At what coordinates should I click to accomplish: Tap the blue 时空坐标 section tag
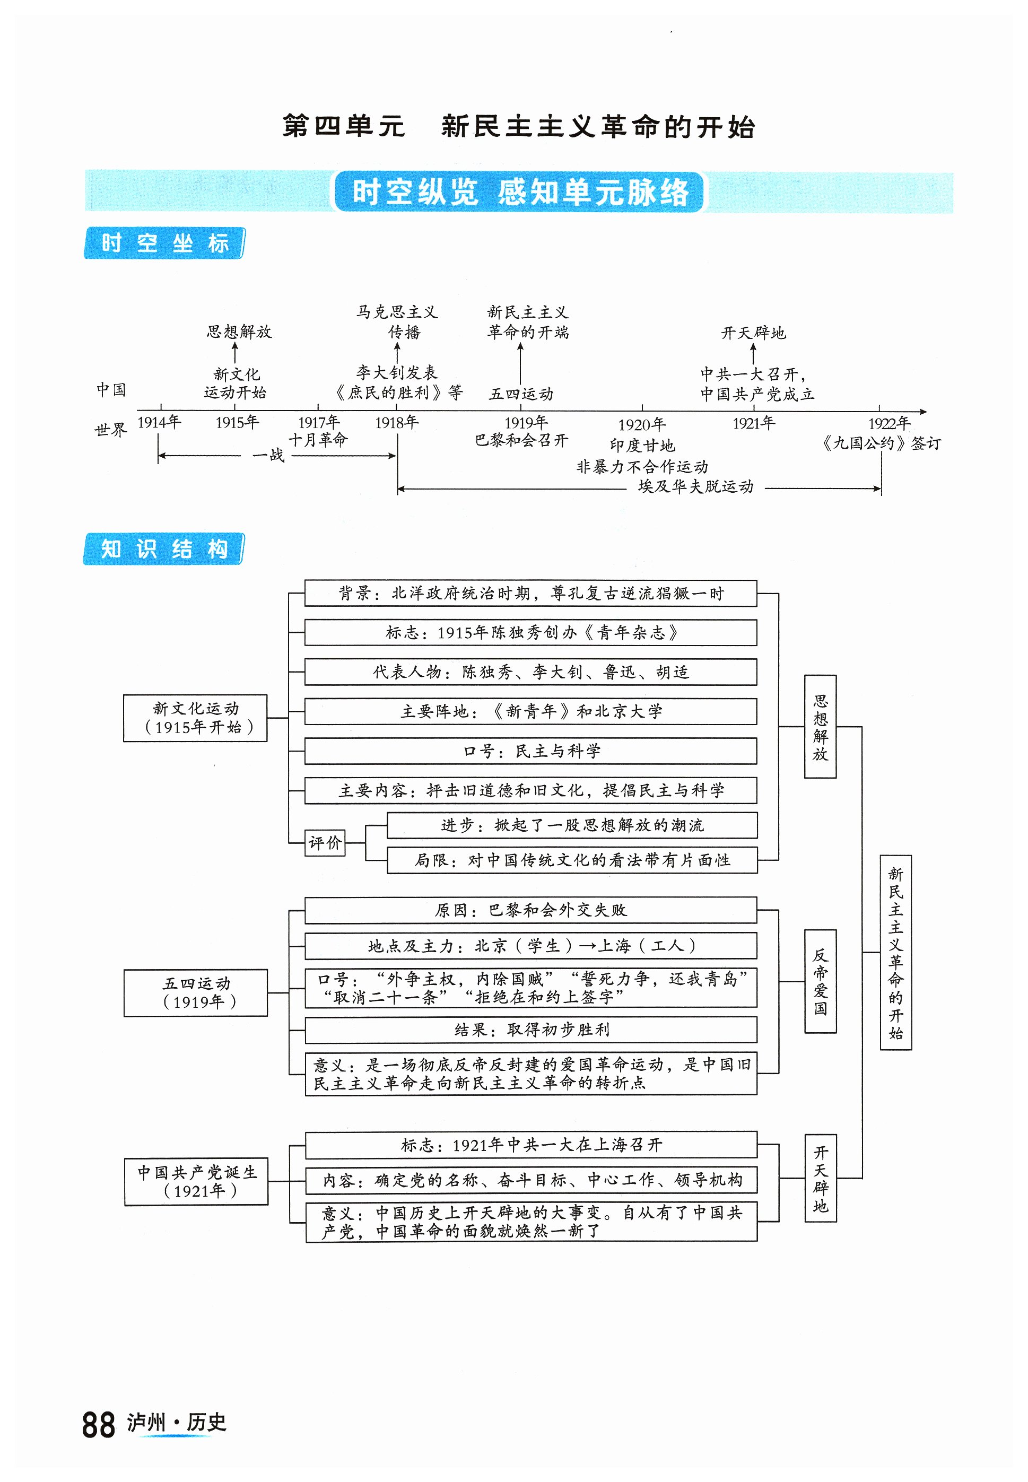tap(164, 243)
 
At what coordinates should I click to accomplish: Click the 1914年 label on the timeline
tap(159, 423)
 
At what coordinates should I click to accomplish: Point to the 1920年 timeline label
tap(641, 425)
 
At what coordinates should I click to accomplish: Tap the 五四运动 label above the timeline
tap(521, 394)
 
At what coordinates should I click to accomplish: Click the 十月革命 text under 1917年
tap(318, 440)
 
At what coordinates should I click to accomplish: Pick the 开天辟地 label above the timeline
tap(753, 333)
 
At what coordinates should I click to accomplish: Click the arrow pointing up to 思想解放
tap(235, 352)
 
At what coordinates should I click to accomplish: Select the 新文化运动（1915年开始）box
tap(195, 718)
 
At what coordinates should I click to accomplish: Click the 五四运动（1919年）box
tap(196, 992)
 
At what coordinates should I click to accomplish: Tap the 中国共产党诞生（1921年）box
tap(196, 1181)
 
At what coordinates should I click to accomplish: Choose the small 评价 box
tap(325, 842)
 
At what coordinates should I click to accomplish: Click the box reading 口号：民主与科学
tap(531, 751)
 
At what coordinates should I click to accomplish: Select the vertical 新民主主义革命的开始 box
tap(895, 953)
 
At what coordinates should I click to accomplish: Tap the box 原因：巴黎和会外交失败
tap(531, 910)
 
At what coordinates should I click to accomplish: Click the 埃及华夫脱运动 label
tap(695, 487)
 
